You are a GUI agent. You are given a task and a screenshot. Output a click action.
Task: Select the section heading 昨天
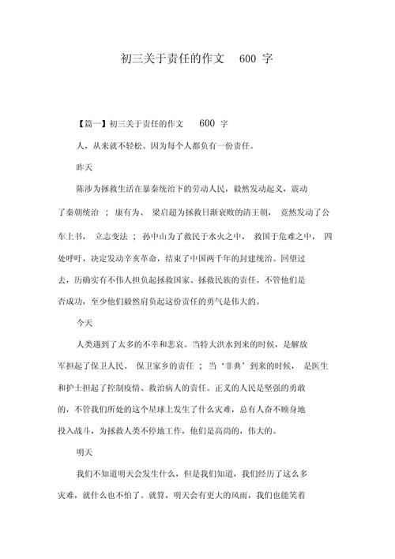[x=83, y=168]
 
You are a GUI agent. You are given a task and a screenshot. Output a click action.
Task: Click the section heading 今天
[x=83, y=323]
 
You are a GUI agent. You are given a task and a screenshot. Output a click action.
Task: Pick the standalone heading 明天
[x=83, y=454]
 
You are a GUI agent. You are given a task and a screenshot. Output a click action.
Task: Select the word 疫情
[x=154, y=387]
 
